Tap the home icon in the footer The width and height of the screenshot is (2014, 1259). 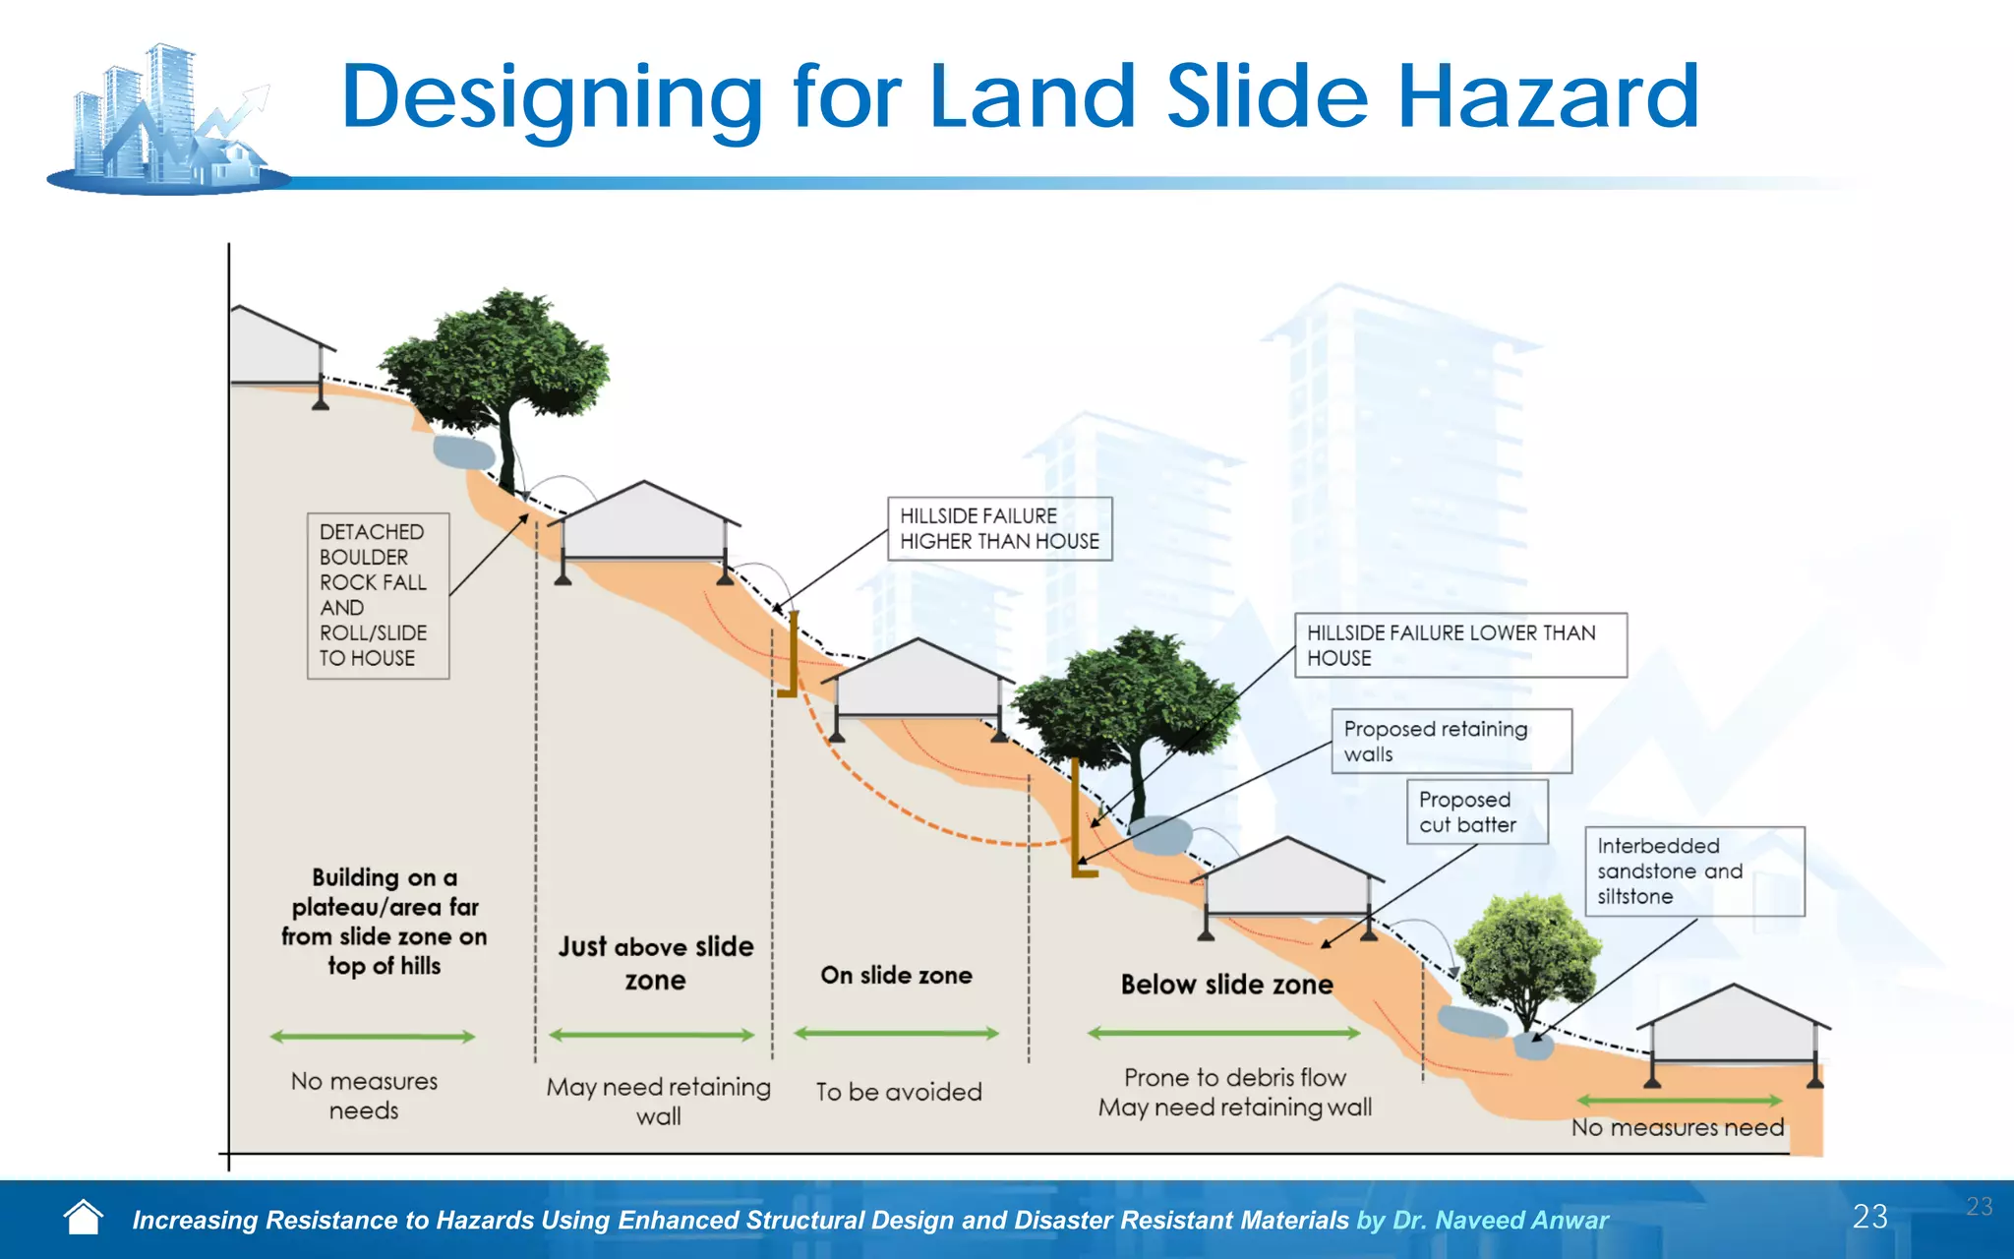83,1218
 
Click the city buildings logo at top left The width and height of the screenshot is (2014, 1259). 167,118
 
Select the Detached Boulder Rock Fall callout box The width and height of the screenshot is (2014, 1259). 378,595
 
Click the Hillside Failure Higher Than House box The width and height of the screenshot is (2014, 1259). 999,529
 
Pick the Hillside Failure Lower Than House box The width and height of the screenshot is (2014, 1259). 1460,645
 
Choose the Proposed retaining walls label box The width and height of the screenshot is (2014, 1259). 1451,742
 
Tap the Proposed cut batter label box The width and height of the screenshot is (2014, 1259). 1477,812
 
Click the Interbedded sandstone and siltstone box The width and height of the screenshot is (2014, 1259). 1693,871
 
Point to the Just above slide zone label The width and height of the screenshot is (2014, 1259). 656,963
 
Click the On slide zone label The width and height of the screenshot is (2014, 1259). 896,975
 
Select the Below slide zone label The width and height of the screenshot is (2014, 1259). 1226,985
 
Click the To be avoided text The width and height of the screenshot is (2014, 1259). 898,1092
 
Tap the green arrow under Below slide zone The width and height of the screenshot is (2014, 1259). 1223,1033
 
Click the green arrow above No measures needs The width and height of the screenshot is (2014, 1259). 372,1036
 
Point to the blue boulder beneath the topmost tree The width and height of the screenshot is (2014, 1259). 463,452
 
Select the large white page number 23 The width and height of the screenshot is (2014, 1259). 1869,1217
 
